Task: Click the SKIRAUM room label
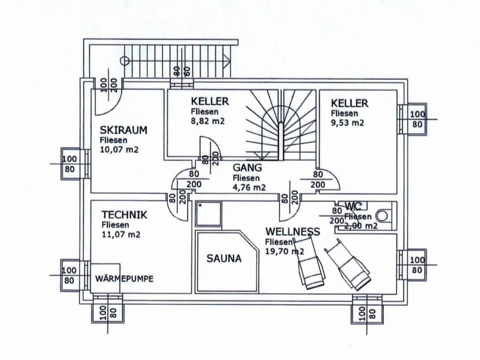[x=123, y=130]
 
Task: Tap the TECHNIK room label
[x=124, y=215]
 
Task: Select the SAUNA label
[x=224, y=258]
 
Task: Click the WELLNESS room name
[x=292, y=231]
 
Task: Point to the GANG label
[x=247, y=168]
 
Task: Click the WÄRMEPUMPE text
[x=124, y=278]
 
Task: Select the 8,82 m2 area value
[x=207, y=121]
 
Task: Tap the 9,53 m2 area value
[x=347, y=122]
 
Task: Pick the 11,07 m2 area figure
[x=120, y=234]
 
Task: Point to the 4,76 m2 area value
[x=249, y=187]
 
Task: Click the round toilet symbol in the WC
[x=382, y=216]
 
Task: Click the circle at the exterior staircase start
[x=125, y=61]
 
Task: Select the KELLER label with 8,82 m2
[x=209, y=101]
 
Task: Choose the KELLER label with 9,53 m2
[x=349, y=103]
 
